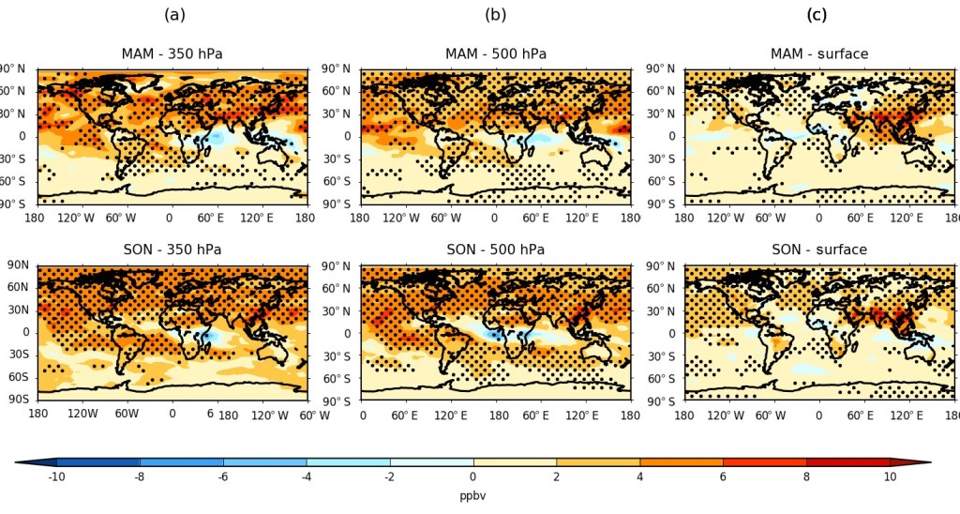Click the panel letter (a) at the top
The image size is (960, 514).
click(174, 15)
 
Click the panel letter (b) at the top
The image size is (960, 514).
click(495, 15)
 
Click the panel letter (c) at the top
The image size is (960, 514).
click(817, 15)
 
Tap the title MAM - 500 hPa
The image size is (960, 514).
click(495, 53)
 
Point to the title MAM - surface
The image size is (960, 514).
click(818, 53)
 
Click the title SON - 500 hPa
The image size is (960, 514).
click(495, 249)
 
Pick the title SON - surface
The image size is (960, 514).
click(818, 249)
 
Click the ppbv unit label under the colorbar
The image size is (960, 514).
click(472, 495)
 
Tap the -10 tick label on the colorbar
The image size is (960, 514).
click(56, 477)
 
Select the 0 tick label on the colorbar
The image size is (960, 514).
click(473, 477)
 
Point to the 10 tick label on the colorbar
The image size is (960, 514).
click(890, 477)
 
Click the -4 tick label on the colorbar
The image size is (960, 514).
click(307, 477)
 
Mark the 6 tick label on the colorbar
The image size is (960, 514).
click(723, 477)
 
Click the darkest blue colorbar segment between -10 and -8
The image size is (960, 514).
click(98, 462)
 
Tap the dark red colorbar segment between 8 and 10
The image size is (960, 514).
click(847, 462)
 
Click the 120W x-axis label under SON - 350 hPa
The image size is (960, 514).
click(82, 414)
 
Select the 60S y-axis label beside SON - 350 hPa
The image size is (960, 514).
click(19, 377)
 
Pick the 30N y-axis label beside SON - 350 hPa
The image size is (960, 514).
click(19, 310)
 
